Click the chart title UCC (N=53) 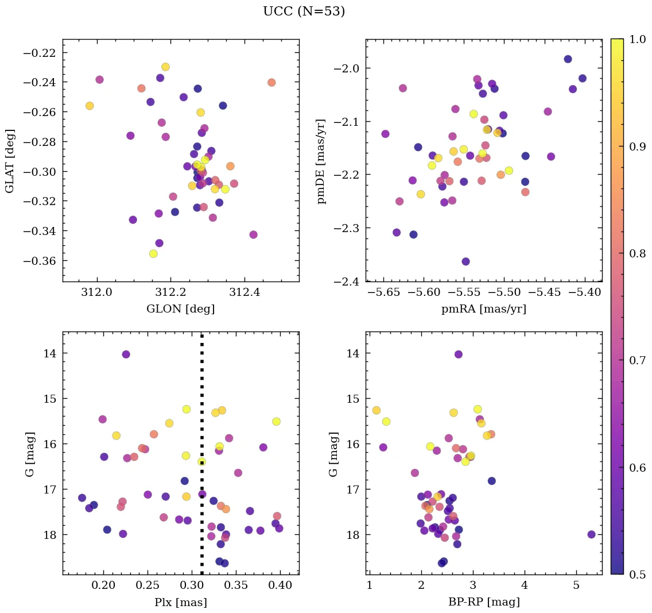click(304, 11)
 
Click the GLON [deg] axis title click(180, 309)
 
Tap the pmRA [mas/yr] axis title click(483, 309)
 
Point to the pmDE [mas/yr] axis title click(321, 160)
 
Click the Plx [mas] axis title click(180, 603)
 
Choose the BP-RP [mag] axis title click(483, 603)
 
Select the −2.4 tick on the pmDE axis click(347, 282)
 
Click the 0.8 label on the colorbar click(634, 253)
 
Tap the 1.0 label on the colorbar click(634, 39)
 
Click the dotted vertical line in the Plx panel click(201, 402)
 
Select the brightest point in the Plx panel click(126, 354)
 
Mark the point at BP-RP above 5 click(591, 534)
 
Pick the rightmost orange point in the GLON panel click(271, 83)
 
